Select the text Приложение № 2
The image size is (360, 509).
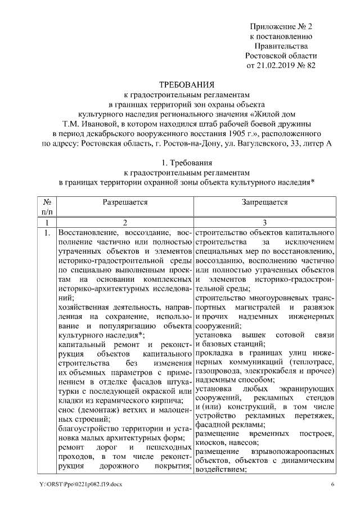281,26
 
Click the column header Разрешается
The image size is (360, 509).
125,202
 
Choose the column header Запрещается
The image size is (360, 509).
265,202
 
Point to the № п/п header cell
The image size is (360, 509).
48,206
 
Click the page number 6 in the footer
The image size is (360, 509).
332,484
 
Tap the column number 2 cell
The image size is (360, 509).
125,223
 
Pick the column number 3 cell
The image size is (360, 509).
265,223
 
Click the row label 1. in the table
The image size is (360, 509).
48,233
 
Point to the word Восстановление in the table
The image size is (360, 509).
88,232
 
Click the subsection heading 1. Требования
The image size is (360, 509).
179,163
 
